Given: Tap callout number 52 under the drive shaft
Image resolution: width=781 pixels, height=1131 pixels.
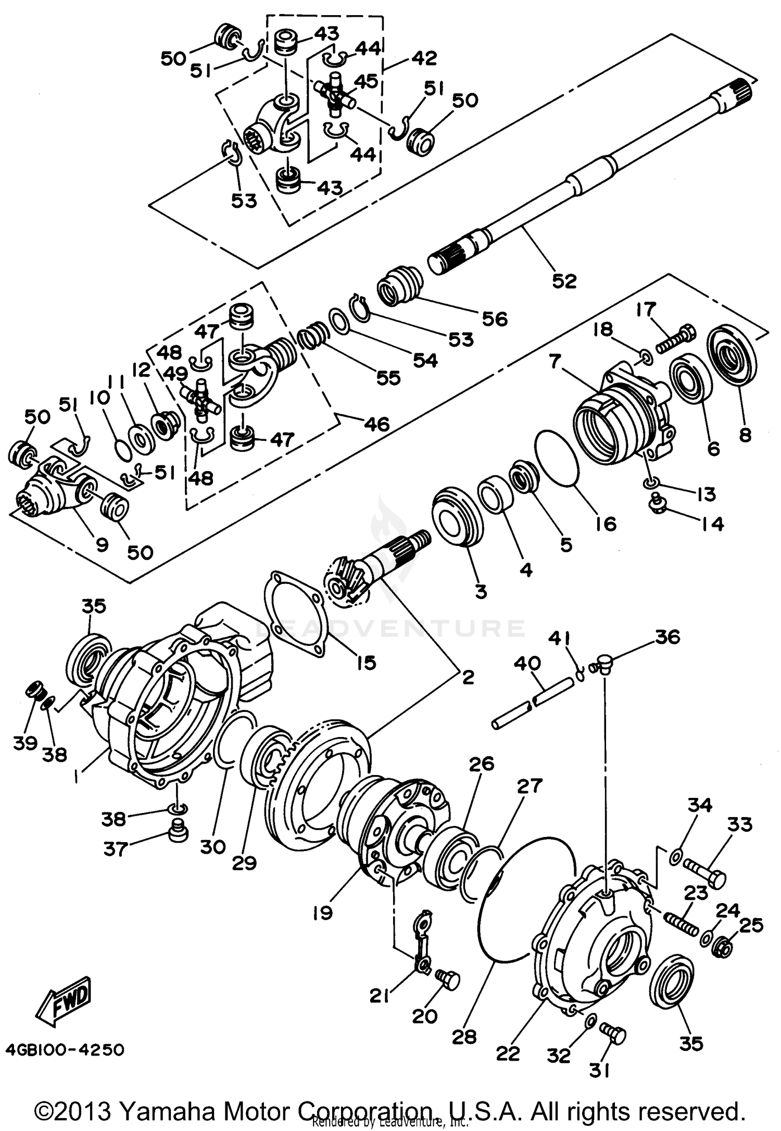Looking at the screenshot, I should click(564, 281).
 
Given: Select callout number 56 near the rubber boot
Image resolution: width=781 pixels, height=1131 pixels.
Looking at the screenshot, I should click(494, 319).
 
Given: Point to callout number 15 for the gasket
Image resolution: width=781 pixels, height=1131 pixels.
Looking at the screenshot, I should click(366, 663).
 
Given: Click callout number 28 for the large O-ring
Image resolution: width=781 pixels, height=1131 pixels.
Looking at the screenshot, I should click(464, 1037).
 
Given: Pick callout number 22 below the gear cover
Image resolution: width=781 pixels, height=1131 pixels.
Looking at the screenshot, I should click(508, 1053).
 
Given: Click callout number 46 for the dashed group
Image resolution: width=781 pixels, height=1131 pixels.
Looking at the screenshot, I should click(376, 424).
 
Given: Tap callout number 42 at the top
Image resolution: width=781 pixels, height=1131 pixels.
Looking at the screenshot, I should click(424, 58).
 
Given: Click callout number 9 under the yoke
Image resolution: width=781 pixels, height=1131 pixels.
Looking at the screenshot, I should click(102, 544).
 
